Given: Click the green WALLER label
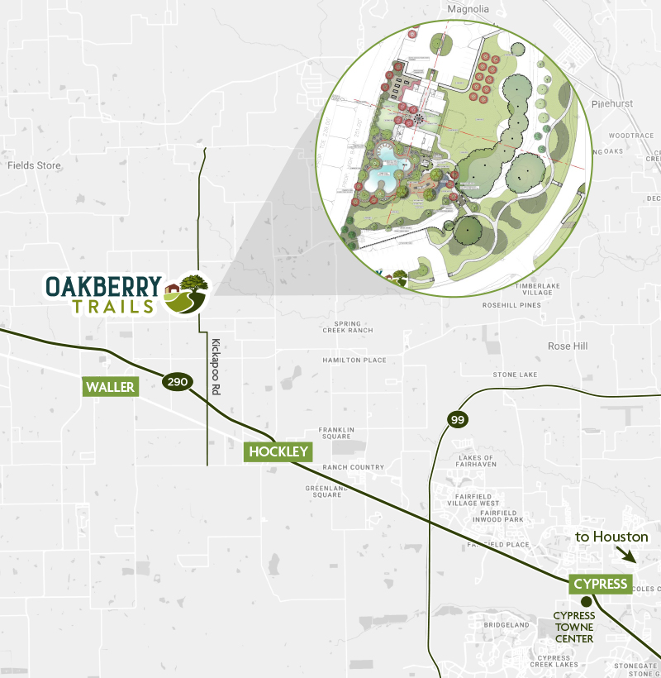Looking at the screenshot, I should (110, 387).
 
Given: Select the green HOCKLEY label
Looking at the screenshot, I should (278, 451).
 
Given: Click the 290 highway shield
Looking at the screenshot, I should (178, 382).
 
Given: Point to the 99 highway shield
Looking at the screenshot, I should (458, 420).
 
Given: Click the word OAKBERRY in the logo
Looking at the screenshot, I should (103, 285).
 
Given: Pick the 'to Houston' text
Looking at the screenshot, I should (611, 537).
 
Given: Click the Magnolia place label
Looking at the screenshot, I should (468, 9).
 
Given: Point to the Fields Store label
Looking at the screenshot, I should (35, 165).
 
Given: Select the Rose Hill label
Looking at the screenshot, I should (568, 346).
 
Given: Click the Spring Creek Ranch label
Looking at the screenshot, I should (348, 327).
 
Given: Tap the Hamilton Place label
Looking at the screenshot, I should (354, 360).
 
